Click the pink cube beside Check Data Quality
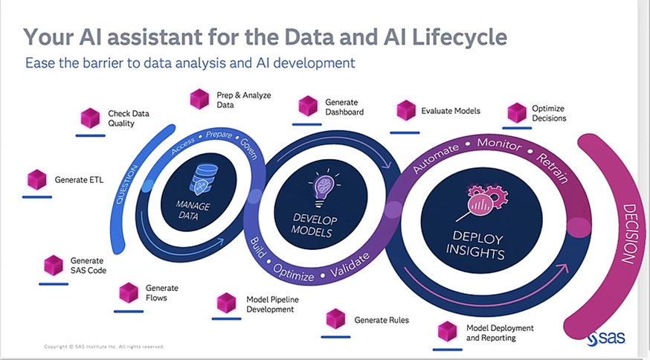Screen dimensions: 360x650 coord(90,118)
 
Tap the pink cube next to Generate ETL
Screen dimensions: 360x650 coord(37,179)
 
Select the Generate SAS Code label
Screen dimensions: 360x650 coord(88,266)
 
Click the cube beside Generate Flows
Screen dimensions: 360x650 coord(129,292)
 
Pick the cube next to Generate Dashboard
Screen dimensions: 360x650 coord(308,106)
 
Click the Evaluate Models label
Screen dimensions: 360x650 coord(451,111)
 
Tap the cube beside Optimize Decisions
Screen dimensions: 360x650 coord(517,113)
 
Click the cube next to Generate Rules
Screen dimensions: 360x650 coord(335,318)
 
